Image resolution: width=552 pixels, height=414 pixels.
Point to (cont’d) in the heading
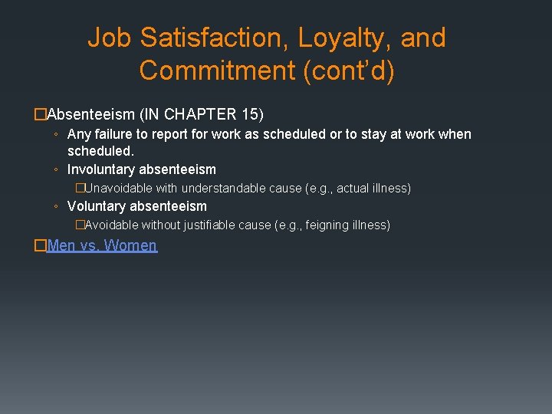(350, 71)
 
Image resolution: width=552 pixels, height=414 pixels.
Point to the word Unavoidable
(119, 188)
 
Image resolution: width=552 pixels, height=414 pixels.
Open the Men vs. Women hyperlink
(102, 246)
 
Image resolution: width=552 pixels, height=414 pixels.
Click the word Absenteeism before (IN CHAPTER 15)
(91, 115)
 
